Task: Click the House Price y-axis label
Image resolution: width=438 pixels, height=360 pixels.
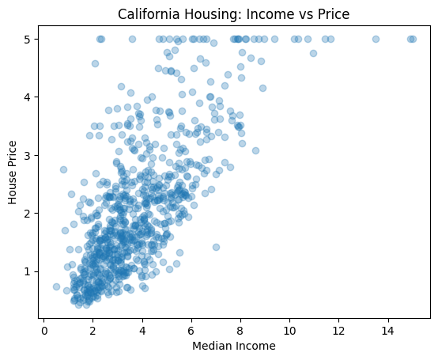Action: coord(13,172)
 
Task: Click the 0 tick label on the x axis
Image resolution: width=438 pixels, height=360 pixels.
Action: coord(43,332)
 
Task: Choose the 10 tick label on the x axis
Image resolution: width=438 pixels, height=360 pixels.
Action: coord(289,332)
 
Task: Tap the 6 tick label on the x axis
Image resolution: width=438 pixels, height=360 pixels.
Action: coord(191,332)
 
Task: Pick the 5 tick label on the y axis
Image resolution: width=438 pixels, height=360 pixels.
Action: coord(27,39)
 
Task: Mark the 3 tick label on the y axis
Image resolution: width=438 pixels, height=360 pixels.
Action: coord(27,155)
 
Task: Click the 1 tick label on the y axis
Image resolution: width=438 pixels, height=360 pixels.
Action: coord(27,271)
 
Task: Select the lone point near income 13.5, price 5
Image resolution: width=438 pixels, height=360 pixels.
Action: coord(376,39)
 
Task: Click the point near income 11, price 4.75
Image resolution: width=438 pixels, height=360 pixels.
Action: coord(313,53)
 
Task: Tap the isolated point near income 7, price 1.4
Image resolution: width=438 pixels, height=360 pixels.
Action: coord(216,247)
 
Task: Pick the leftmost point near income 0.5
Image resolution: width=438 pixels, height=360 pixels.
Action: coord(56,286)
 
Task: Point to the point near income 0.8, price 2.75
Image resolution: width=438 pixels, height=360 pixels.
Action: coord(63,169)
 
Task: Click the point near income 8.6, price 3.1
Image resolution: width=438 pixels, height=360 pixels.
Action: coord(255,150)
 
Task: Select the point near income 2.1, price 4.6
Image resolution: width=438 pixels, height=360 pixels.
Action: coord(95,64)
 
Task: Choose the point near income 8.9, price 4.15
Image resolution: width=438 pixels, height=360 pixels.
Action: coord(262,89)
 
